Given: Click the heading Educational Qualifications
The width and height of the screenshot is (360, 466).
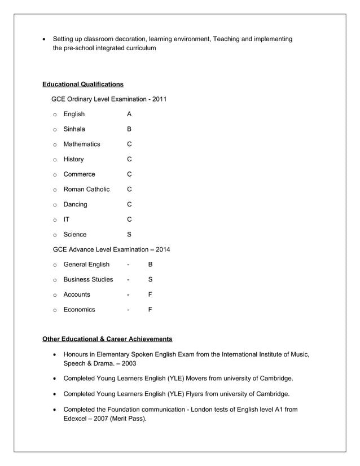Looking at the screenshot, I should point(83,84).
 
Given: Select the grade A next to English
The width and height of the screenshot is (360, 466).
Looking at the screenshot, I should point(129,114).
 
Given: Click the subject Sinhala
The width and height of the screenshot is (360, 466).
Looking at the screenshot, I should point(74,129).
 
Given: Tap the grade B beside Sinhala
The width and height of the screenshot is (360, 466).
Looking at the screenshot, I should point(129,129).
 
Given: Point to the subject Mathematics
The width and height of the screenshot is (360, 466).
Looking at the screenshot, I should point(81,144).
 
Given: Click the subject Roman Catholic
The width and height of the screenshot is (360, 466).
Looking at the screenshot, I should point(86,189).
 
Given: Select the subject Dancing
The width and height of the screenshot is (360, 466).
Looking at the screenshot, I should point(75,204).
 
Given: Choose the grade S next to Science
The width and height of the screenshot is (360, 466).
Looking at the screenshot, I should point(129,234).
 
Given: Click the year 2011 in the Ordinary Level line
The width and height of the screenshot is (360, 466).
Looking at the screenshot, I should point(159,99).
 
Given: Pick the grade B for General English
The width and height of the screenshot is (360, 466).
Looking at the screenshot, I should point(150,265).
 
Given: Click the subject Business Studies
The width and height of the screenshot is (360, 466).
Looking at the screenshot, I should point(88,279).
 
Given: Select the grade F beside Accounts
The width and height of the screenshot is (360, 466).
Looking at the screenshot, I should point(150,294).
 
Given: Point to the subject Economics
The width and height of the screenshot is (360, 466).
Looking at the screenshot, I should point(79,309).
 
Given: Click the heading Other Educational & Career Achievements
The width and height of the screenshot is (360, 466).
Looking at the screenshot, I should point(107,339).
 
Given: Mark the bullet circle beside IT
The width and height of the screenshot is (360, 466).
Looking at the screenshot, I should point(55,219).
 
